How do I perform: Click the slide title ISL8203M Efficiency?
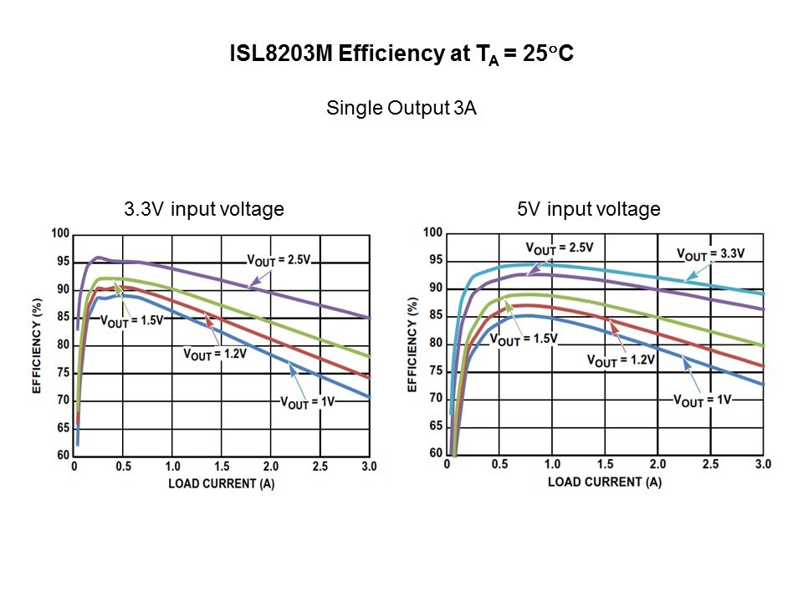tap(401, 55)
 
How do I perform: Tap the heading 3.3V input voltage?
tap(204, 209)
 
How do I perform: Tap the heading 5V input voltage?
tap(589, 209)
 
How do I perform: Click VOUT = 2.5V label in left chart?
tap(279, 259)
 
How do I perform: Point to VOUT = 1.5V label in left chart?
tap(131, 319)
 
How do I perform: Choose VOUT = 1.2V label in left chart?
tap(214, 354)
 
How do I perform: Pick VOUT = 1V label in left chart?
tap(307, 402)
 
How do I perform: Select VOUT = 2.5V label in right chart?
tap(560, 247)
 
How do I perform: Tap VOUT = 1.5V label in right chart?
tap(524, 339)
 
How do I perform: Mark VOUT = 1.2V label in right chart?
tap(620, 360)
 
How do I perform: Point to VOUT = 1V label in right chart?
tap(703, 400)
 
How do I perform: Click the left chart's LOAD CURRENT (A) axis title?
tap(222, 482)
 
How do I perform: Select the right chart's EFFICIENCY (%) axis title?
tap(412, 344)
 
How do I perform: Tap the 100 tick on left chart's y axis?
tap(59, 233)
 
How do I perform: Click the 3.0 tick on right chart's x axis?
tap(762, 464)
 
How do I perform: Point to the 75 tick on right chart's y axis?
tap(433, 370)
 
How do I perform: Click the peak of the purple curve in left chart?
tap(99, 258)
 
